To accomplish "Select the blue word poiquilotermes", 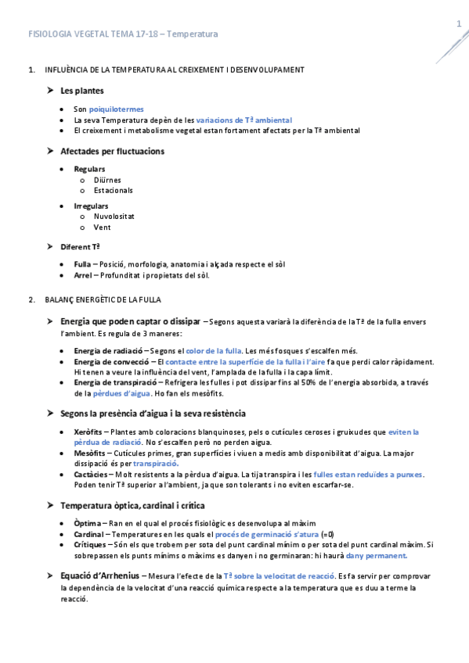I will coord(116,109).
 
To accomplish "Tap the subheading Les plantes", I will coord(82,91).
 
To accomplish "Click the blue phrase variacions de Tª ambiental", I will coord(244,120).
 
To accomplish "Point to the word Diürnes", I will coord(107,180).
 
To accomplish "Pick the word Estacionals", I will coord(113,190).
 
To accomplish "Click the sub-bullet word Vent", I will coord(102,228).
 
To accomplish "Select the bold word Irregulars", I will coord(91,206).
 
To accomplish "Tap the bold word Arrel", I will coord(83,274).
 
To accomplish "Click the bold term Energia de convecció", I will coord(111,362).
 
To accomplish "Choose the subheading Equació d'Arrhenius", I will coord(100,576).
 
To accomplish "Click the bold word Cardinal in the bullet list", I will coord(90,533).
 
